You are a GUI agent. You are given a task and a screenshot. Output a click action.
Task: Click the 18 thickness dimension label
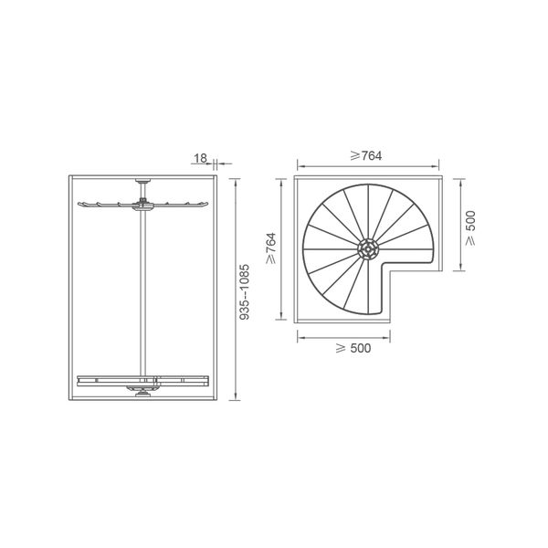point(200,158)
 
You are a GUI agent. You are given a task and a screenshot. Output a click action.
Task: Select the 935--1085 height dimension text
point(245,292)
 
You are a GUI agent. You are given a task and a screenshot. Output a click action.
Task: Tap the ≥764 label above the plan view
point(366,156)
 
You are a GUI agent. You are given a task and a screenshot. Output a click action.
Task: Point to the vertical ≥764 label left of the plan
point(271,248)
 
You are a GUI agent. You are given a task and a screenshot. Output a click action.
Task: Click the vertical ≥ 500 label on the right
point(470,227)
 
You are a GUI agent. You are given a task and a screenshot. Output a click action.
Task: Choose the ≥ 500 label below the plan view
point(353,348)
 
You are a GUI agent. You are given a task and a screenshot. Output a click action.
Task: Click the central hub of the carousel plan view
point(368,248)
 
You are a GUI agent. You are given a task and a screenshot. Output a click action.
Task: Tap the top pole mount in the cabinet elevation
point(142,181)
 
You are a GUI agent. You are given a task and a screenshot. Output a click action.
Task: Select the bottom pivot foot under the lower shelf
point(142,394)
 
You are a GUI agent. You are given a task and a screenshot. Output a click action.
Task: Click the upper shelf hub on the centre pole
point(142,205)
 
